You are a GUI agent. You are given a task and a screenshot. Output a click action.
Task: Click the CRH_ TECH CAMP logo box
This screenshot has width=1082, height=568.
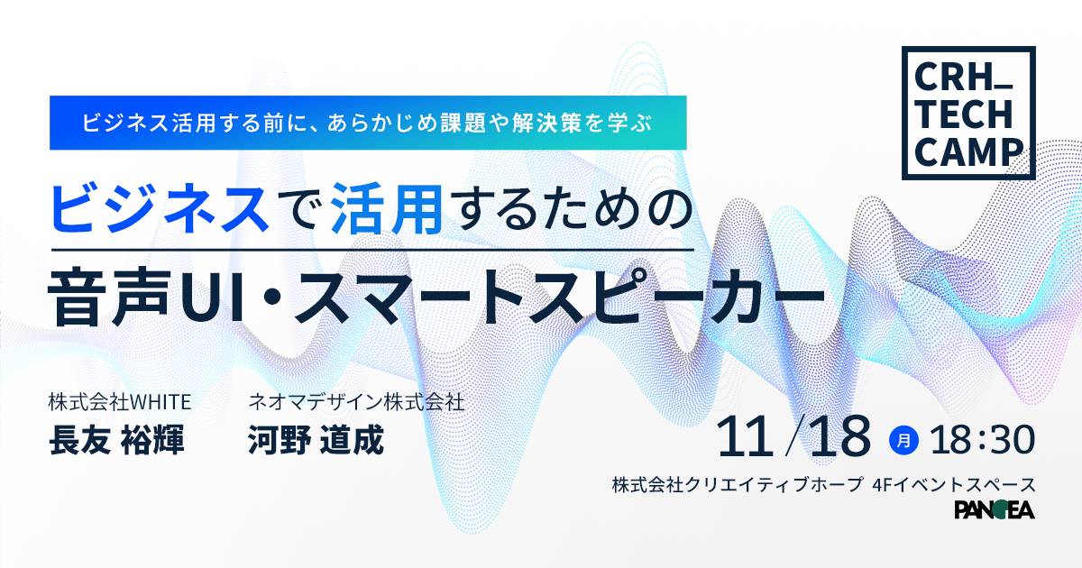click(x=968, y=50)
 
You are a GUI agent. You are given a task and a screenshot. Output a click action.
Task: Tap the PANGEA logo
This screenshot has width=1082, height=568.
click(x=995, y=509)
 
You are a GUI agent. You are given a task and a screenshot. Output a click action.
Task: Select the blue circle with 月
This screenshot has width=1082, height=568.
click(x=903, y=440)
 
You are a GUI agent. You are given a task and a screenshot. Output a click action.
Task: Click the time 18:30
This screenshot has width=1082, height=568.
click(x=983, y=440)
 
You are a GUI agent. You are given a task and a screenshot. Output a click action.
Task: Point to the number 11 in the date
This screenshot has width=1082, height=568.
click(x=744, y=437)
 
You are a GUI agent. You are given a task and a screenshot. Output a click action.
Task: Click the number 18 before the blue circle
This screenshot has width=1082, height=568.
click(x=840, y=437)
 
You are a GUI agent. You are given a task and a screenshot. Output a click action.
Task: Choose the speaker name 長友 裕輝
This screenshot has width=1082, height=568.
click(x=116, y=440)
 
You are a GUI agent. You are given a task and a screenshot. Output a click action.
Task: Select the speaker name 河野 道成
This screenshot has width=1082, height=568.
click(x=316, y=440)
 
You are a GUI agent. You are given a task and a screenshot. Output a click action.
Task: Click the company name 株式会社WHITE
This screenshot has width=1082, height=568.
click(x=120, y=402)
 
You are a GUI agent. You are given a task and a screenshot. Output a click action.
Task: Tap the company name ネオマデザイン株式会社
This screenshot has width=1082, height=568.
click(x=356, y=402)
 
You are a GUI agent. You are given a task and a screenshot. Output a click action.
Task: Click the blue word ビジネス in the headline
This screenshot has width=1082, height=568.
click(x=160, y=208)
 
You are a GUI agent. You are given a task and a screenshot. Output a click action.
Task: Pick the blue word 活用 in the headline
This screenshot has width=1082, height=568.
click(x=387, y=208)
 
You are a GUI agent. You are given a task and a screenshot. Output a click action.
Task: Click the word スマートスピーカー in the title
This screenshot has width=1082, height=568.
click(x=559, y=296)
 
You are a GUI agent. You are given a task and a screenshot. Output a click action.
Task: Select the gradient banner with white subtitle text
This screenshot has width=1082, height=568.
click(x=368, y=123)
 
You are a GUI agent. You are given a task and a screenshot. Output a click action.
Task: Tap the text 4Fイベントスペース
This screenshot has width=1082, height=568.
click(x=954, y=484)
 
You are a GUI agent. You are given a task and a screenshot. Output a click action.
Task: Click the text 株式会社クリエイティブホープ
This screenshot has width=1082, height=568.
click(x=738, y=484)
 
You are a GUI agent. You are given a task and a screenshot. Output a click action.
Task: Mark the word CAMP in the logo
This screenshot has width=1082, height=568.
click(x=968, y=152)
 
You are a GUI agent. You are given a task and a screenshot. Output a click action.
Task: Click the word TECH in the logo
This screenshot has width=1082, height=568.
click(x=963, y=115)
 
